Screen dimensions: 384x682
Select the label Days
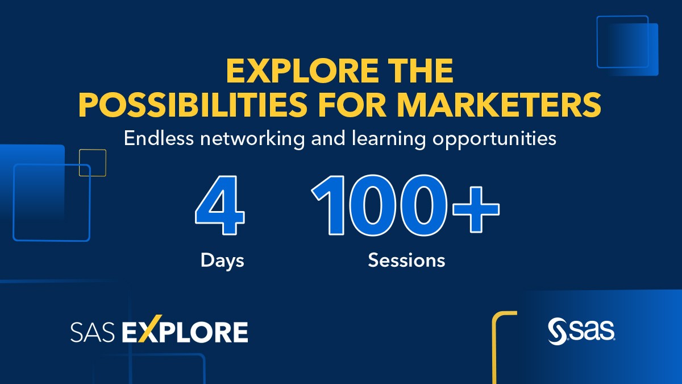point(222,261)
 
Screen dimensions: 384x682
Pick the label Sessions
point(406,261)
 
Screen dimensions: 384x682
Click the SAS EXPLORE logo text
point(159,332)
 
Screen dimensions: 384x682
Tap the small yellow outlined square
point(93,163)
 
